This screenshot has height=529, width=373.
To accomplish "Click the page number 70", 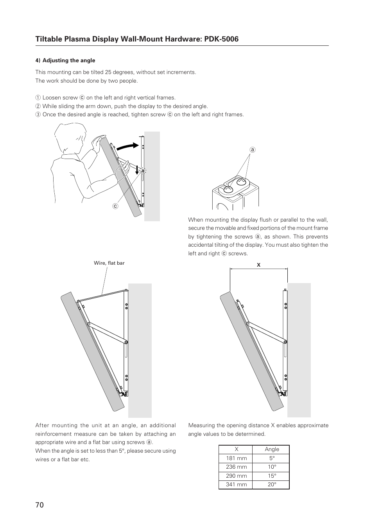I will click(39, 505).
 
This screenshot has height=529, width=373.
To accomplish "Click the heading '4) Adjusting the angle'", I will click(65, 60).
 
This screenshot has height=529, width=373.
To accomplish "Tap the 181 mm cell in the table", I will click(236, 458).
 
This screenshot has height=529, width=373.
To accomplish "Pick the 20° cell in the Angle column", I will click(272, 484).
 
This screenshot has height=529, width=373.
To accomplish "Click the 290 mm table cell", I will click(236, 476).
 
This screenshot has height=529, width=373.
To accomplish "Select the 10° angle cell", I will click(272, 467).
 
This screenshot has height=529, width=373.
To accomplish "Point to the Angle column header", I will click(272, 449).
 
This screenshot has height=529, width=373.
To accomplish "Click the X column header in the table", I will click(236, 449).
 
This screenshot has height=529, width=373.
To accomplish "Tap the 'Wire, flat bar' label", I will click(109, 263).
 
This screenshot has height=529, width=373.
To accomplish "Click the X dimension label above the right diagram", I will click(258, 265).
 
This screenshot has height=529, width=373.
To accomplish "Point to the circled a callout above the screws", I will click(253, 150).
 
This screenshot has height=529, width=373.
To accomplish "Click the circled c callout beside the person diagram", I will click(115, 206).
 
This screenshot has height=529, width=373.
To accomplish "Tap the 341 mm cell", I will click(236, 484).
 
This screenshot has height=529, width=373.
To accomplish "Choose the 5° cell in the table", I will click(272, 458).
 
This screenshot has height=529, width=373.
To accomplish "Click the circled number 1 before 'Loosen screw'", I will click(38, 98).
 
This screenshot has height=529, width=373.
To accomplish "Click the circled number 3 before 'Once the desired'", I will click(38, 115).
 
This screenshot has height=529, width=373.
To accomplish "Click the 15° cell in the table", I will click(272, 476).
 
